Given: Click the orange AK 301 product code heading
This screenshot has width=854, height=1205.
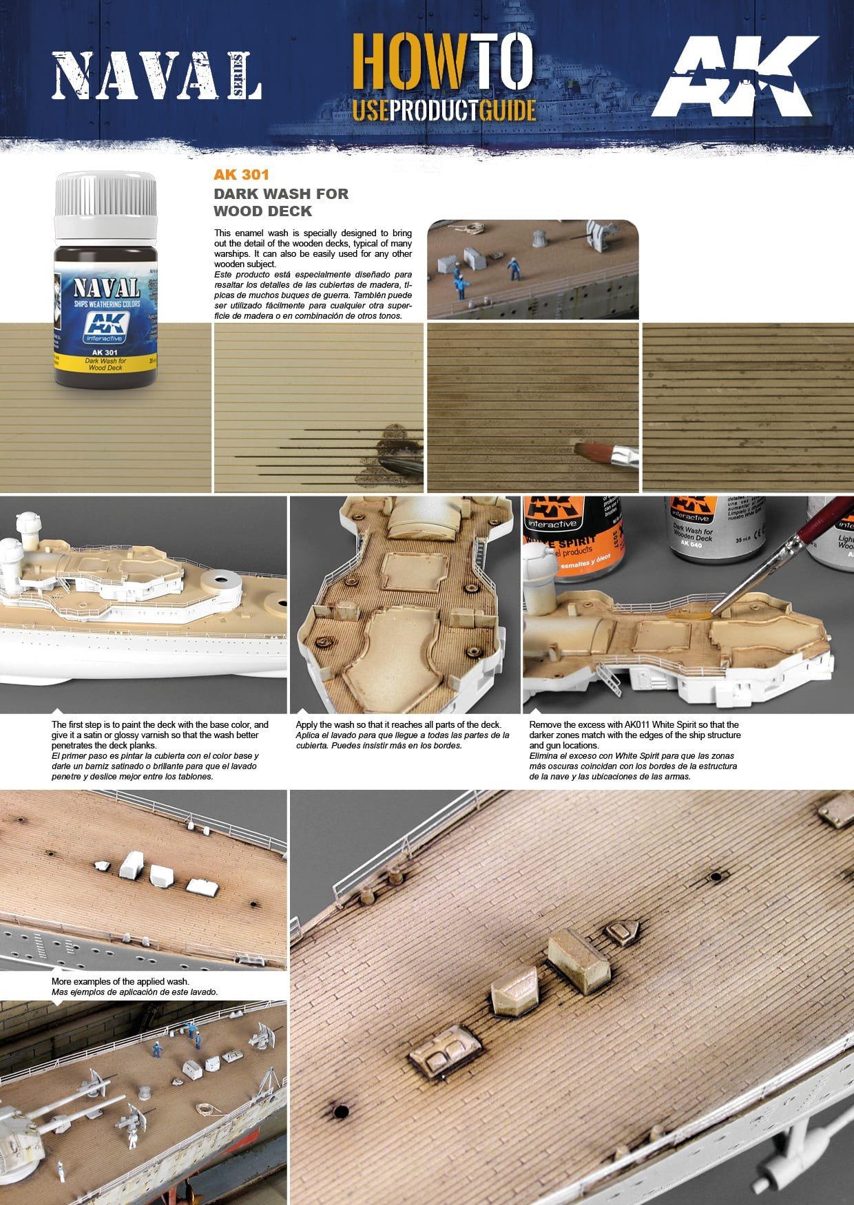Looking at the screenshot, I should pyautogui.click(x=241, y=175).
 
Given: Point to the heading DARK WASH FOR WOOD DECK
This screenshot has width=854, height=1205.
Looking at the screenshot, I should pyautogui.click(x=280, y=202).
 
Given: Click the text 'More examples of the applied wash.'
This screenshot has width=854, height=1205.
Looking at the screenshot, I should pyautogui.click(x=121, y=981).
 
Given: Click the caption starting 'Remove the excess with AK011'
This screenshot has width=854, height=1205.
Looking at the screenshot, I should pyautogui.click(x=634, y=735).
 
